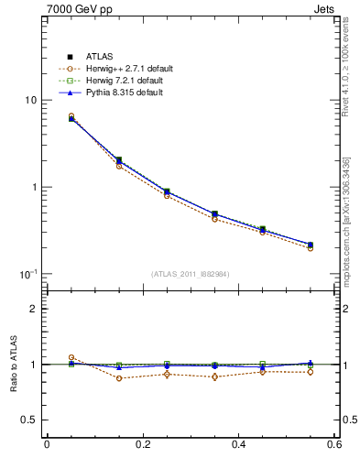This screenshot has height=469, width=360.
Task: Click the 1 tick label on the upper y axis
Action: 34,187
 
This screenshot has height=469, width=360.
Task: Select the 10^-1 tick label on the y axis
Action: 28,274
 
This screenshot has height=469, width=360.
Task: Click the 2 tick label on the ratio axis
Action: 34,309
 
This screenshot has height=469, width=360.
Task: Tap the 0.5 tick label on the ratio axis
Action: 29,420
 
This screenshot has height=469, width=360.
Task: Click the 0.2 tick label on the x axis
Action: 143,445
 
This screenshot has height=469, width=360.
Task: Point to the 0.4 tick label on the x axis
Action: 239,445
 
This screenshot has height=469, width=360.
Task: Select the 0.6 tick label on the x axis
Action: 334,445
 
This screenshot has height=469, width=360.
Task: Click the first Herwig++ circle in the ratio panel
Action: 71,358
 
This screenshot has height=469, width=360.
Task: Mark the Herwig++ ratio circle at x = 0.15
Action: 119,378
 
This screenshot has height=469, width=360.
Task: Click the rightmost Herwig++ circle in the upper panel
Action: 311,248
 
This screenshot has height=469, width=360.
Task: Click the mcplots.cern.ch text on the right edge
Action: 349,247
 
